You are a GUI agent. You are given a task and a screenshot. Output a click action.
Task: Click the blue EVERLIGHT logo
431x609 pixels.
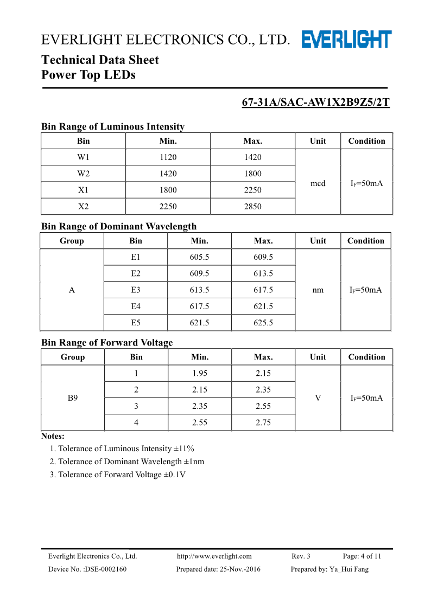click(346, 39)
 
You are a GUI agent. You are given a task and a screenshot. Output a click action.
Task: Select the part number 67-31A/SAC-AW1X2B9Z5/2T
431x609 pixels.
click(315, 102)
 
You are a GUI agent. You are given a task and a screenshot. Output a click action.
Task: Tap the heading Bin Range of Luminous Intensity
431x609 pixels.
click(113, 126)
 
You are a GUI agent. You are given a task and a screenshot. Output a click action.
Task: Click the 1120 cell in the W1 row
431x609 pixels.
click(168, 157)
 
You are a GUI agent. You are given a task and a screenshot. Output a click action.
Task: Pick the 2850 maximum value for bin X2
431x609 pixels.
click(252, 206)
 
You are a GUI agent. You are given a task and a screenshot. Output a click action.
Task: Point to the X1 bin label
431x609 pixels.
click(84, 190)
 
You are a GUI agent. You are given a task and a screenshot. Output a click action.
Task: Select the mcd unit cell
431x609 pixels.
click(318, 183)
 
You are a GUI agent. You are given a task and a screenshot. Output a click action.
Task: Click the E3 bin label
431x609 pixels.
click(136, 290)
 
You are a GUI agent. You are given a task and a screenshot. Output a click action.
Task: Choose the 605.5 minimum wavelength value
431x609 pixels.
click(199, 257)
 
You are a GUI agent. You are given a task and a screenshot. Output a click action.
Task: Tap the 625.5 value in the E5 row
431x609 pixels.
click(263, 323)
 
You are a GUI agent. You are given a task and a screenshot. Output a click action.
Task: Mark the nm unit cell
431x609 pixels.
click(318, 290)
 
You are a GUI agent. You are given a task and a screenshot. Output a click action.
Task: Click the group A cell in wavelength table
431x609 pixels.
click(72, 290)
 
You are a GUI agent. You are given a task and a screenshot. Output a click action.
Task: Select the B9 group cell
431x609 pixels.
click(73, 398)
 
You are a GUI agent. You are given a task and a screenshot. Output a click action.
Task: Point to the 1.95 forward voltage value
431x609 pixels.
click(200, 373)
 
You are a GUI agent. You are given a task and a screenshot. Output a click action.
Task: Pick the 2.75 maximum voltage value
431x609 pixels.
click(263, 422)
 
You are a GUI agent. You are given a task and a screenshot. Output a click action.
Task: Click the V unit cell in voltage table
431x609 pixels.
click(318, 398)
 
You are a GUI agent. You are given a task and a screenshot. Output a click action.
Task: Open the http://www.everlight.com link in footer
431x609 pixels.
click(214, 556)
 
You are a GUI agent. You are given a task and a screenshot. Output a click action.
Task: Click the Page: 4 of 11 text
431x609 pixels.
click(362, 556)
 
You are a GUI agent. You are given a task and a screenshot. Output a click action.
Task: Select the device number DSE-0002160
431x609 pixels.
click(87, 569)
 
